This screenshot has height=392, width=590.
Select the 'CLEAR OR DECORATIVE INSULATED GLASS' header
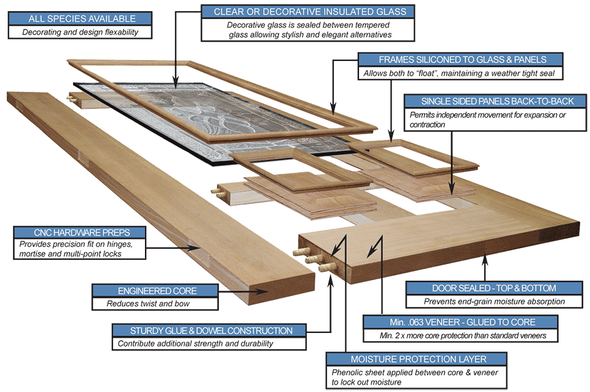[305, 12]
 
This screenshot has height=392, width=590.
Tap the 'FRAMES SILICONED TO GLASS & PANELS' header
[462, 60]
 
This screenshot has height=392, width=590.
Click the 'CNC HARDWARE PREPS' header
[81, 233]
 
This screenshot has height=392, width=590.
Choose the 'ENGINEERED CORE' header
[154, 290]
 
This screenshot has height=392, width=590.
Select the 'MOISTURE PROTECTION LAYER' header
[418, 359]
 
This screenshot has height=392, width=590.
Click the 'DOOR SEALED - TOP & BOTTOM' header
[494, 288]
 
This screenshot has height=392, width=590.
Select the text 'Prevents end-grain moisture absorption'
[494, 302]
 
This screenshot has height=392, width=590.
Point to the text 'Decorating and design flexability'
[81, 32]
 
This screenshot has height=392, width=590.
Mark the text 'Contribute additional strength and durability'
[195, 343]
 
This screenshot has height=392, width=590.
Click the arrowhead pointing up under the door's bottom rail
[486, 261]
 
